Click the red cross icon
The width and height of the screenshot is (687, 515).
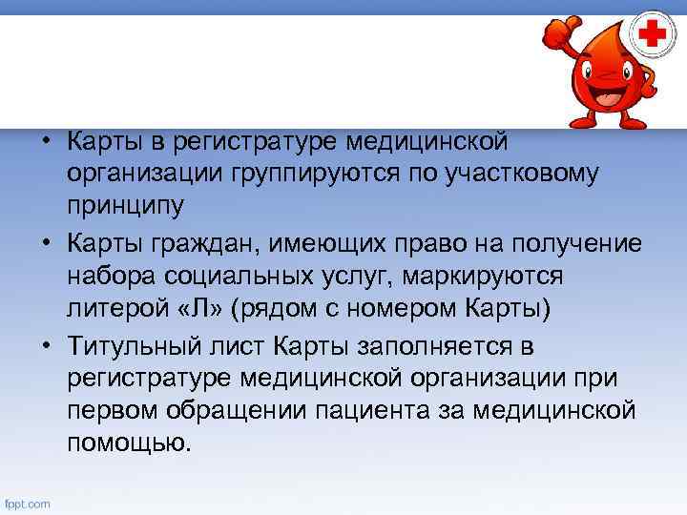(653, 35)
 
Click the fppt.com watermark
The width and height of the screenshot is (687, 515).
(29, 504)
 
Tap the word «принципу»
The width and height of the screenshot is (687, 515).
(127, 205)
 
